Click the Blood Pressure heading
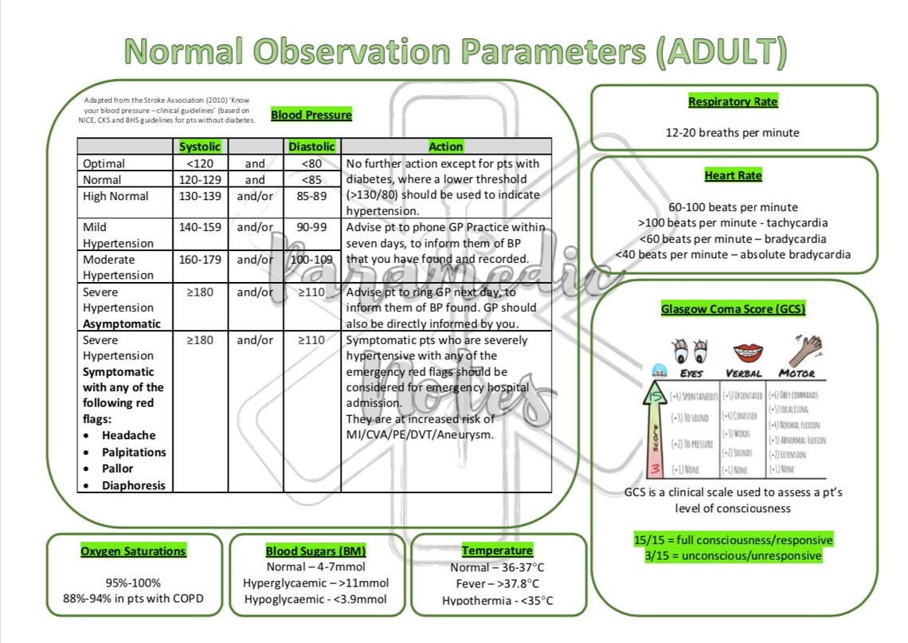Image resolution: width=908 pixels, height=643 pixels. (x=311, y=115)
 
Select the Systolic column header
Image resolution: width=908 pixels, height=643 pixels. (x=199, y=147)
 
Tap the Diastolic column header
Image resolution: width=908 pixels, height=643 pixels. (x=311, y=147)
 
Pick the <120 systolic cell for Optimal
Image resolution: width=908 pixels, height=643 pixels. (x=199, y=163)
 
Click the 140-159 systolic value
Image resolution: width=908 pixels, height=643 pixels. (x=200, y=227)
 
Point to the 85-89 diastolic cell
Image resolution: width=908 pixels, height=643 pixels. (x=311, y=196)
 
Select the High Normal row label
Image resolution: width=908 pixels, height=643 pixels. (x=115, y=196)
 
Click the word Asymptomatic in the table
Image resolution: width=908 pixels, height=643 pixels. (x=121, y=323)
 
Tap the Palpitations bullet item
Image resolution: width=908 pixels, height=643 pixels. (x=134, y=452)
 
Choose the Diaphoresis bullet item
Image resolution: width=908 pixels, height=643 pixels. (x=133, y=485)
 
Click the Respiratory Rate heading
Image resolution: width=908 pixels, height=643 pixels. (x=733, y=102)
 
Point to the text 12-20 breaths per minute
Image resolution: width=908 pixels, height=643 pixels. (x=733, y=133)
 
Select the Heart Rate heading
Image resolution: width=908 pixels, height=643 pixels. (x=733, y=175)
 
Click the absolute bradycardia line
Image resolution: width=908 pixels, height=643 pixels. (x=733, y=255)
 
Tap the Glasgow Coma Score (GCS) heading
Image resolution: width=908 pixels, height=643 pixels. (x=733, y=309)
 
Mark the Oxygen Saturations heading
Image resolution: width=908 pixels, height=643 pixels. (x=133, y=551)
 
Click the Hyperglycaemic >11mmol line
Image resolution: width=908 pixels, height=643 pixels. (x=316, y=583)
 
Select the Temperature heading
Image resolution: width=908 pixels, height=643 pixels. (x=497, y=551)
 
